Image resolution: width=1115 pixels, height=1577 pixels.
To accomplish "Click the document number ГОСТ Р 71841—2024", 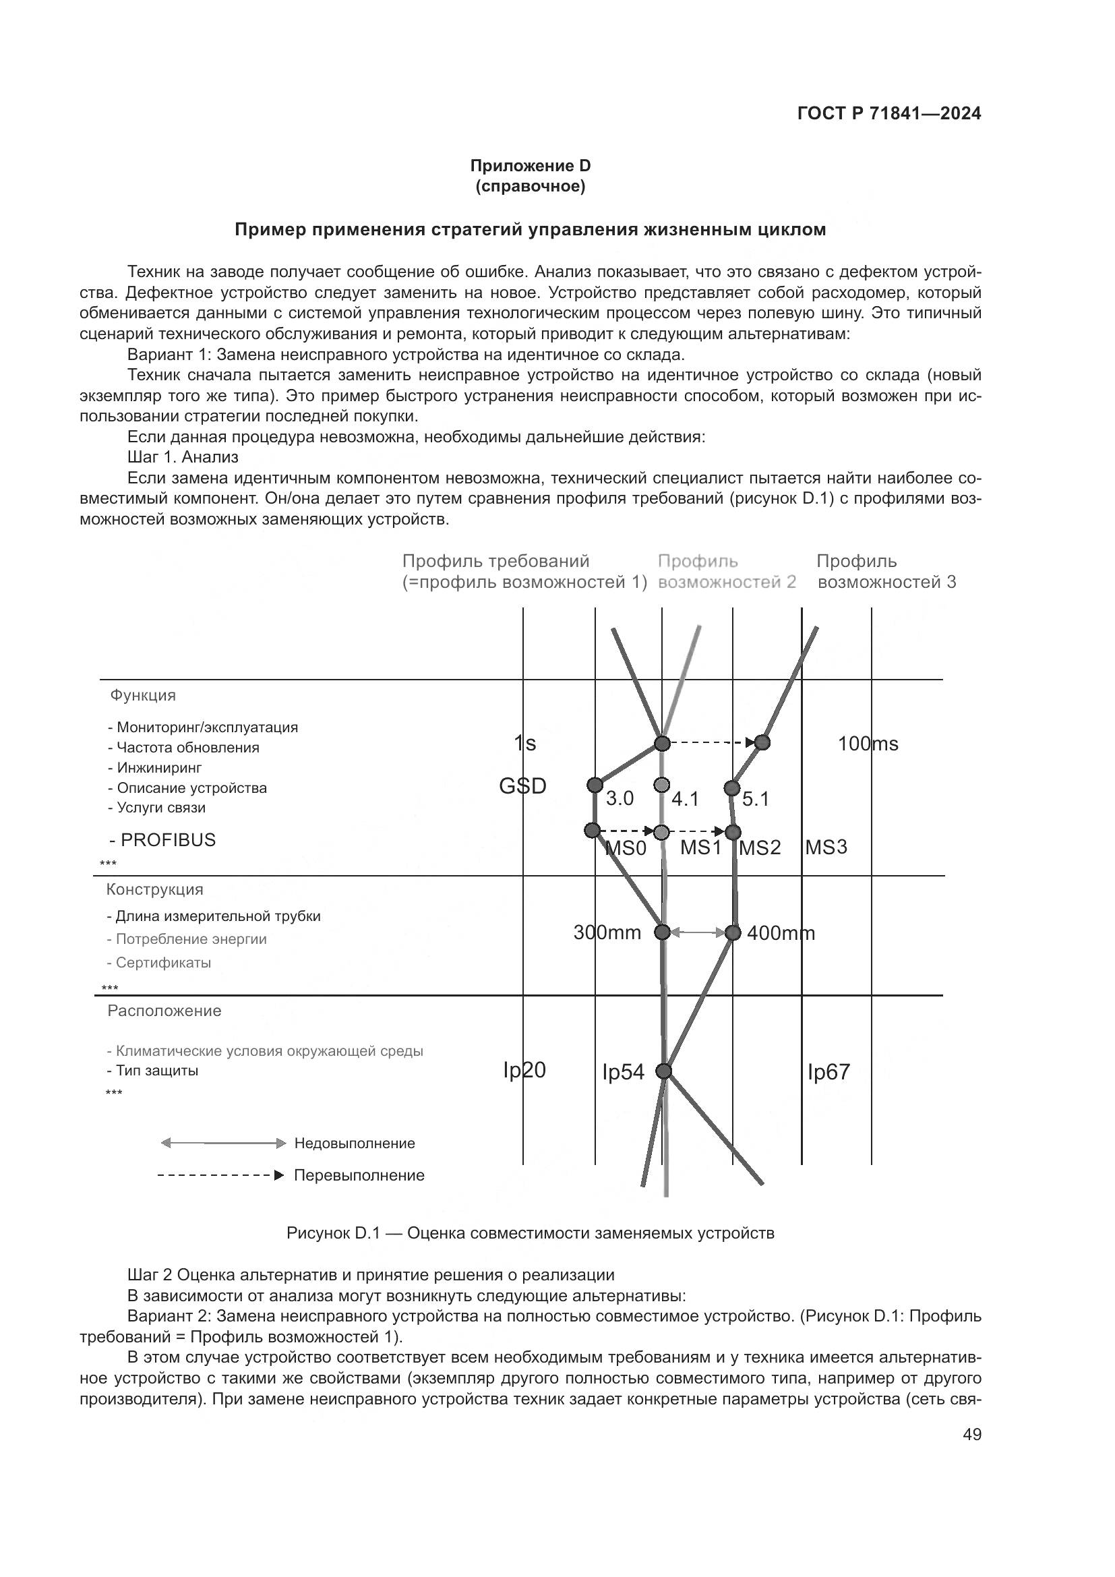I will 889,114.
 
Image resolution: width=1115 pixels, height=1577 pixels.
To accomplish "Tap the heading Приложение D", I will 529,166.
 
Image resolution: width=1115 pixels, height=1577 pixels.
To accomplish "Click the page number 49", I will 971,1433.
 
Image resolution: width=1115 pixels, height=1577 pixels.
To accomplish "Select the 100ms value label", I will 867,743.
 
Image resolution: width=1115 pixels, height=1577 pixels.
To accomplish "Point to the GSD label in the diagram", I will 522,785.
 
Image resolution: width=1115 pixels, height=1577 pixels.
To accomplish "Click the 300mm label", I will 607,932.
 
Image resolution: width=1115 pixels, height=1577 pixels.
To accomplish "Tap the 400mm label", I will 781,932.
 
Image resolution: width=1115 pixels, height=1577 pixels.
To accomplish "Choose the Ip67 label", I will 828,1071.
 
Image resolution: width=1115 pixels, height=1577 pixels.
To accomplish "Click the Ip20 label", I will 524,1069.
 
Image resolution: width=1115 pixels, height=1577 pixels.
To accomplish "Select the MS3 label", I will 826,847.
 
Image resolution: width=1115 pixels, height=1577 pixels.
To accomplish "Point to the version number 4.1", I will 684,799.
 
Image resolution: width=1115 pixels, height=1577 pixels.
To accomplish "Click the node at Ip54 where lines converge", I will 663,1071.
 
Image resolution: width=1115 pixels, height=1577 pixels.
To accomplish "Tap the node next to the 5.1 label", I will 732,787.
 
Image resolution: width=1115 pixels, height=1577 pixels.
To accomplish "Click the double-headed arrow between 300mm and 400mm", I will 697,932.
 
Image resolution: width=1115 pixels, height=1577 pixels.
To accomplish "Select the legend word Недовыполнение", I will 355,1143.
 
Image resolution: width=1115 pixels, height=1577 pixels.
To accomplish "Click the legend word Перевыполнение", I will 359,1175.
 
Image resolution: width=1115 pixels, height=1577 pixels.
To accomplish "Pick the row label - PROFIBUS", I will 162,839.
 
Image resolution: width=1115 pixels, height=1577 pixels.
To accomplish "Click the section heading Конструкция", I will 154,889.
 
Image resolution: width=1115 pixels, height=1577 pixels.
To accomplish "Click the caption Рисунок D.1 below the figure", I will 529,1233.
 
